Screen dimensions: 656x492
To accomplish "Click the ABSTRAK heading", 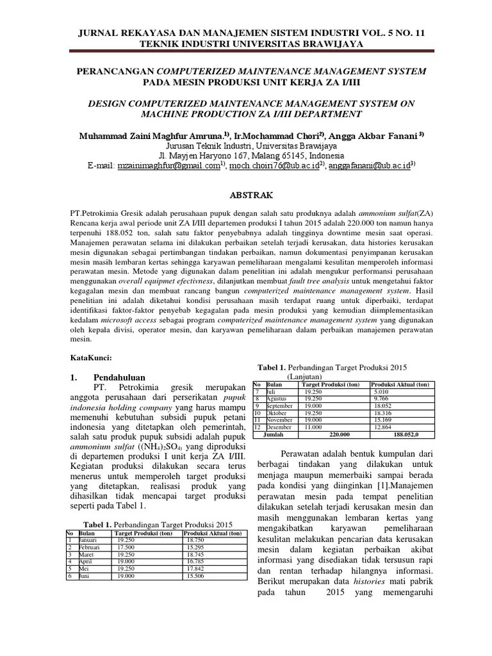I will pos(246,194).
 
